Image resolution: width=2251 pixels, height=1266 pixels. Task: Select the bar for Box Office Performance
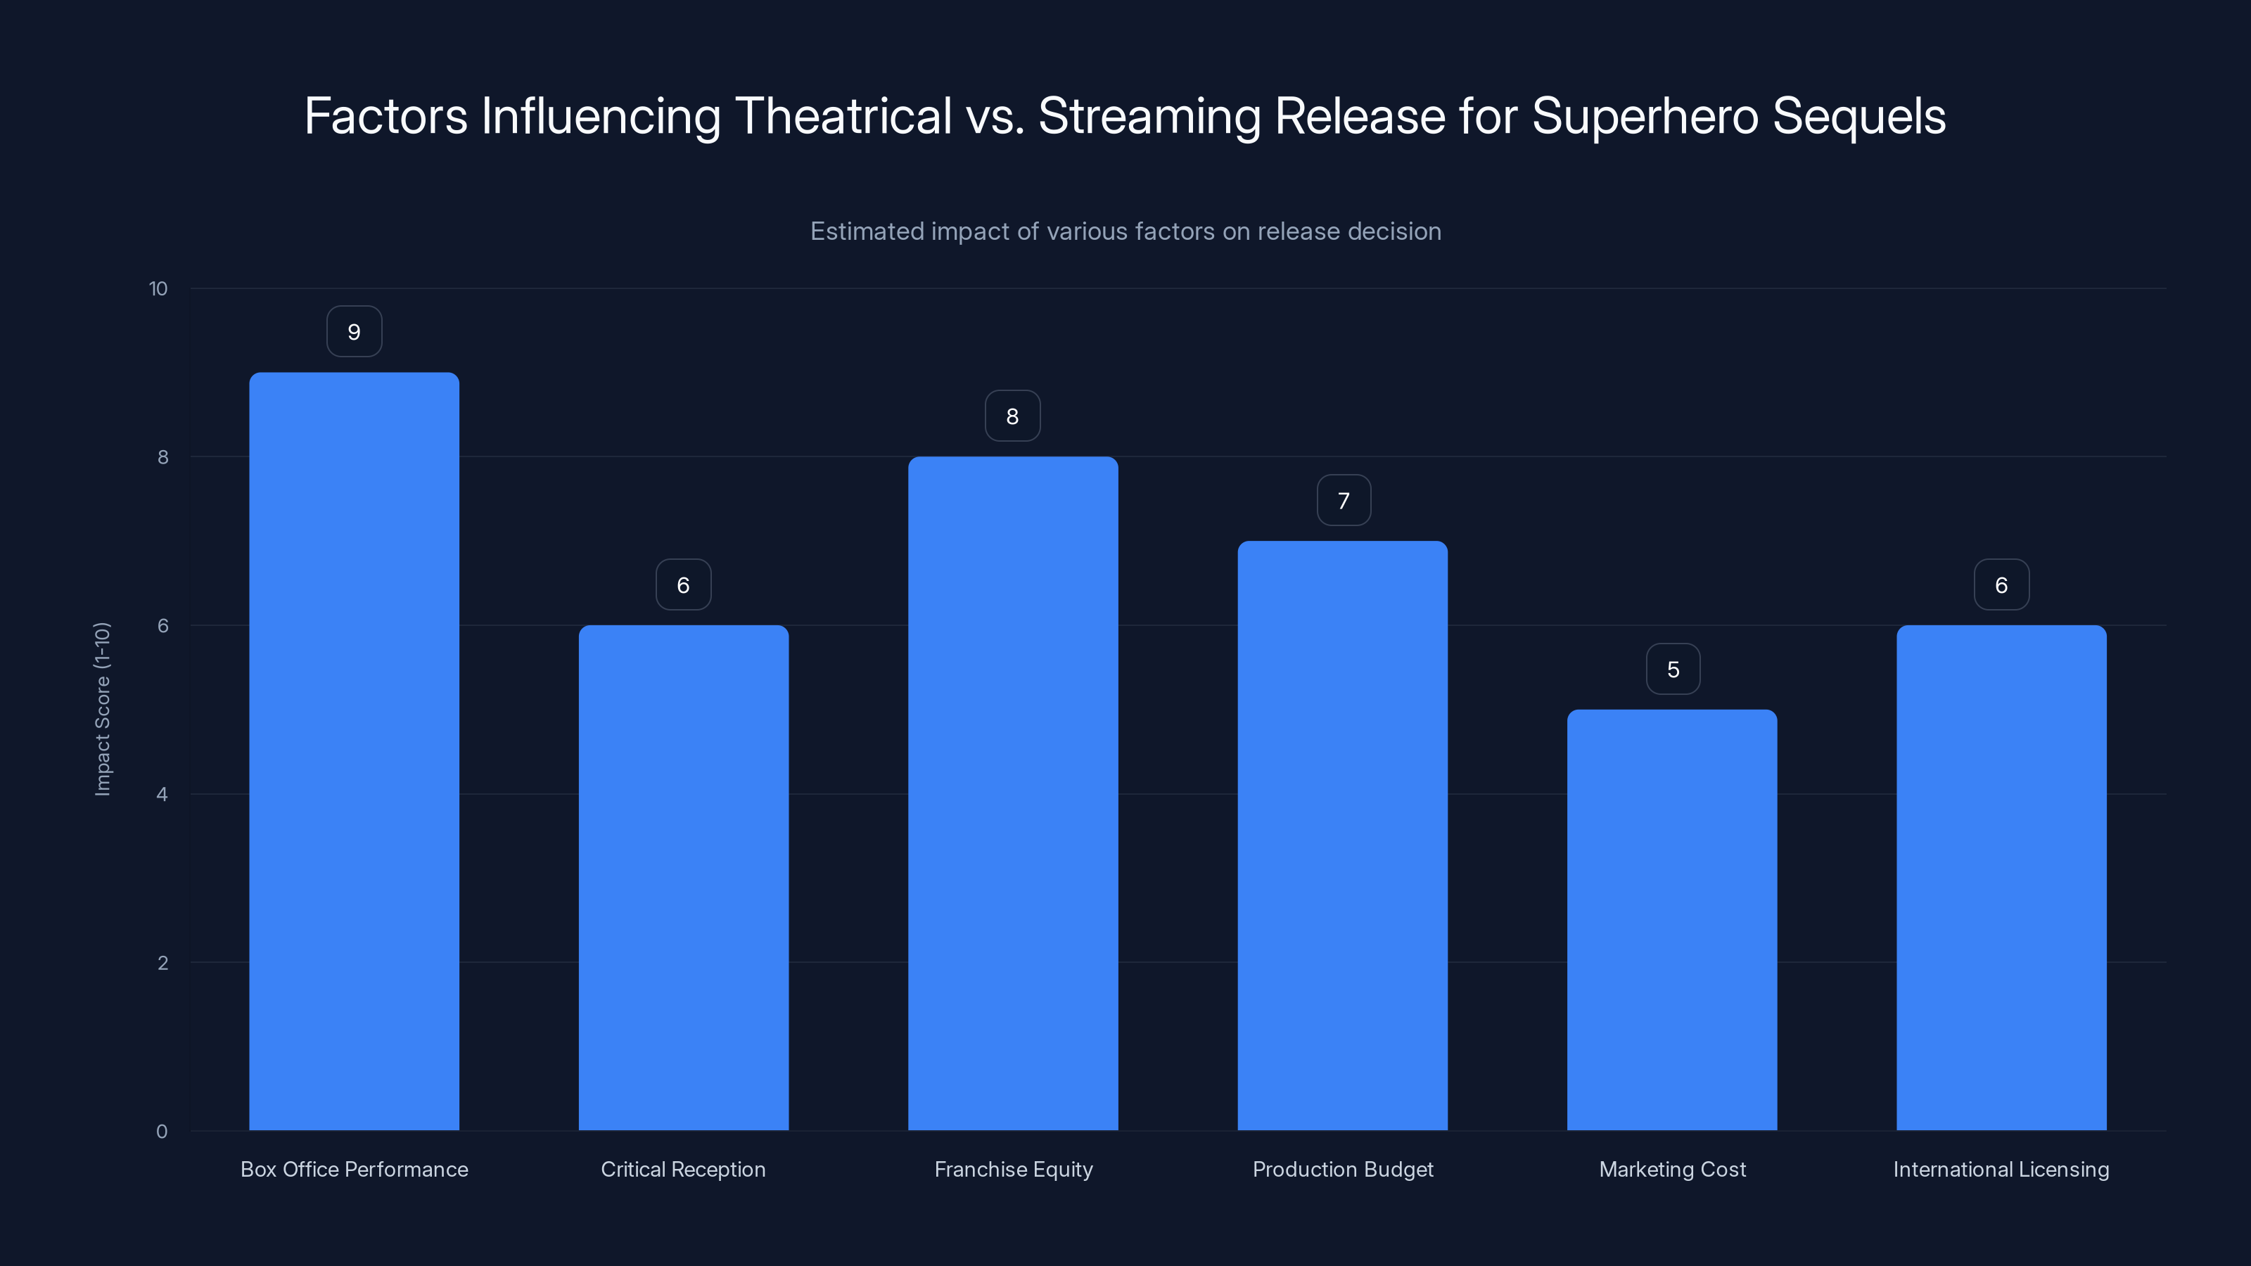pyautogui.click(x=354, y=751)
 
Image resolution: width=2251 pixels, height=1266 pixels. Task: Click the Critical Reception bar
pyautogui.click(x=683, y=877)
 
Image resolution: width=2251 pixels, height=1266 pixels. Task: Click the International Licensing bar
pyautogui.click(x=2001, y=877)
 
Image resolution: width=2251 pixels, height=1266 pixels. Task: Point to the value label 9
pyautogui.click(x=354, y=332)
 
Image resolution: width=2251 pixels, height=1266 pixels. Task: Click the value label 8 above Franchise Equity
pyautogui.click(x=1012, y=416)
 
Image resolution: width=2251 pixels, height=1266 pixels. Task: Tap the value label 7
pyautogui.click(x=1343, y=501)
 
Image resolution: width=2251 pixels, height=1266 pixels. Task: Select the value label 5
pyautogui.click(x=1673, y=670)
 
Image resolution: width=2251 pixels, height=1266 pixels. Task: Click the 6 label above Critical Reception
pyautogui.click(x=683, y=584)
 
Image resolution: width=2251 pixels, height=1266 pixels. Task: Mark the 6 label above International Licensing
pyautogui.click(x=2001, y=584)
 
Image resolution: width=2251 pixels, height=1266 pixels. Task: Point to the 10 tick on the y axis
pyautogui.click(x=158, y=288)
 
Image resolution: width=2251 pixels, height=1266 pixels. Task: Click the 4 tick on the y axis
pyautogui.click(x=162, y=794)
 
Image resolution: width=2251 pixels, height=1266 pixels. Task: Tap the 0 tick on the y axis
pyautogui.click(x=162, y=1132)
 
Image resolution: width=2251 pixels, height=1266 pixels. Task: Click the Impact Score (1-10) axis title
pyautogui.click(x=102, y=708)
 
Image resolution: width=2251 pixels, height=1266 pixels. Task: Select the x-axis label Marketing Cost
pyautogui.click(x=1671, y=1169)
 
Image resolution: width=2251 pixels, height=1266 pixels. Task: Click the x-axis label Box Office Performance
pyautogui.click(x=354, y=1169)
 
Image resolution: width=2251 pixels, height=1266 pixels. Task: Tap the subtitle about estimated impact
pyautogui.click(x=1125, y=231)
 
